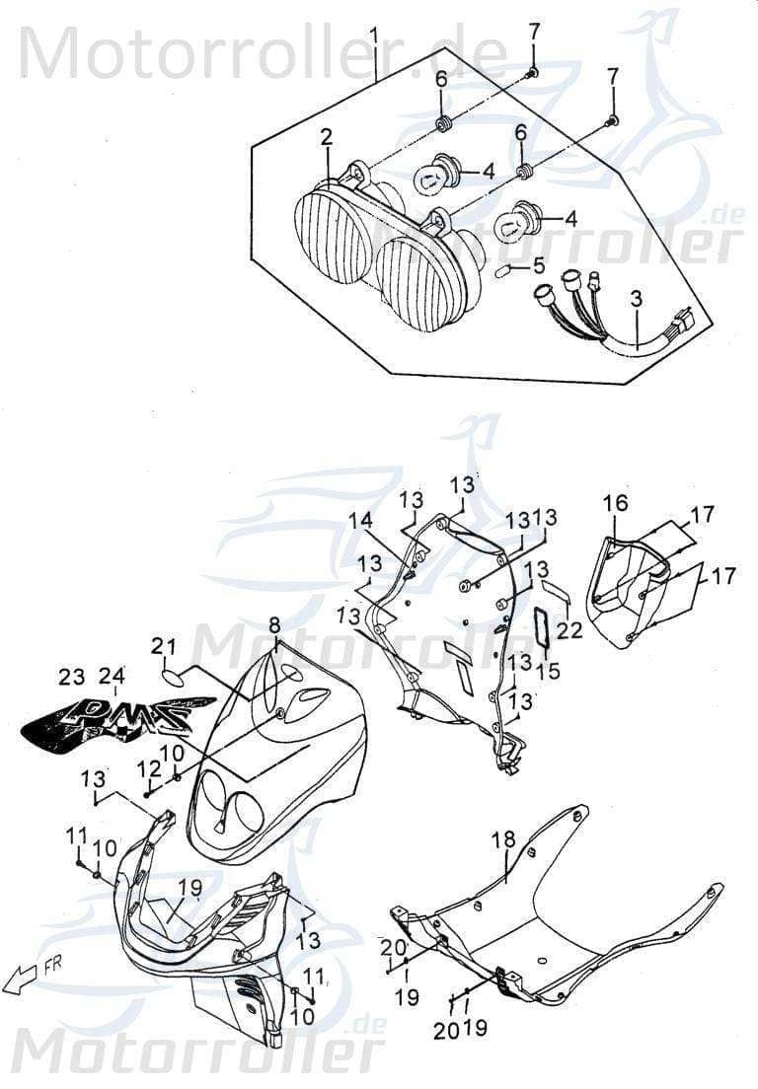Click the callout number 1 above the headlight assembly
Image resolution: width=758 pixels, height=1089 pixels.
coord(375,36)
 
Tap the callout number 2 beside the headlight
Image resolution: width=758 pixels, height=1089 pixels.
coord(326,139)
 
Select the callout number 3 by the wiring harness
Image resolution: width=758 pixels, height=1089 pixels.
coord(636,297)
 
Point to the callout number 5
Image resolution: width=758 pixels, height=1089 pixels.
coord(538,265)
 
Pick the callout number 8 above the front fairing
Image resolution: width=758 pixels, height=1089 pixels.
coord(274,624)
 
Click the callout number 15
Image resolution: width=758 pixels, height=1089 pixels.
coord(548,671)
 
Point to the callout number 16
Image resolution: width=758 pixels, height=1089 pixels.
coord(615,504)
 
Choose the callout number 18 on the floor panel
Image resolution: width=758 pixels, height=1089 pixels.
coord(503,840)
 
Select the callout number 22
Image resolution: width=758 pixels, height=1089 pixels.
coord(568,629)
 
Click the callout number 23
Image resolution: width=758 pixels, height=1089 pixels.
coord(71,678)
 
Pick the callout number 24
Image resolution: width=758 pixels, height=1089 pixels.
coord(112,677)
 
